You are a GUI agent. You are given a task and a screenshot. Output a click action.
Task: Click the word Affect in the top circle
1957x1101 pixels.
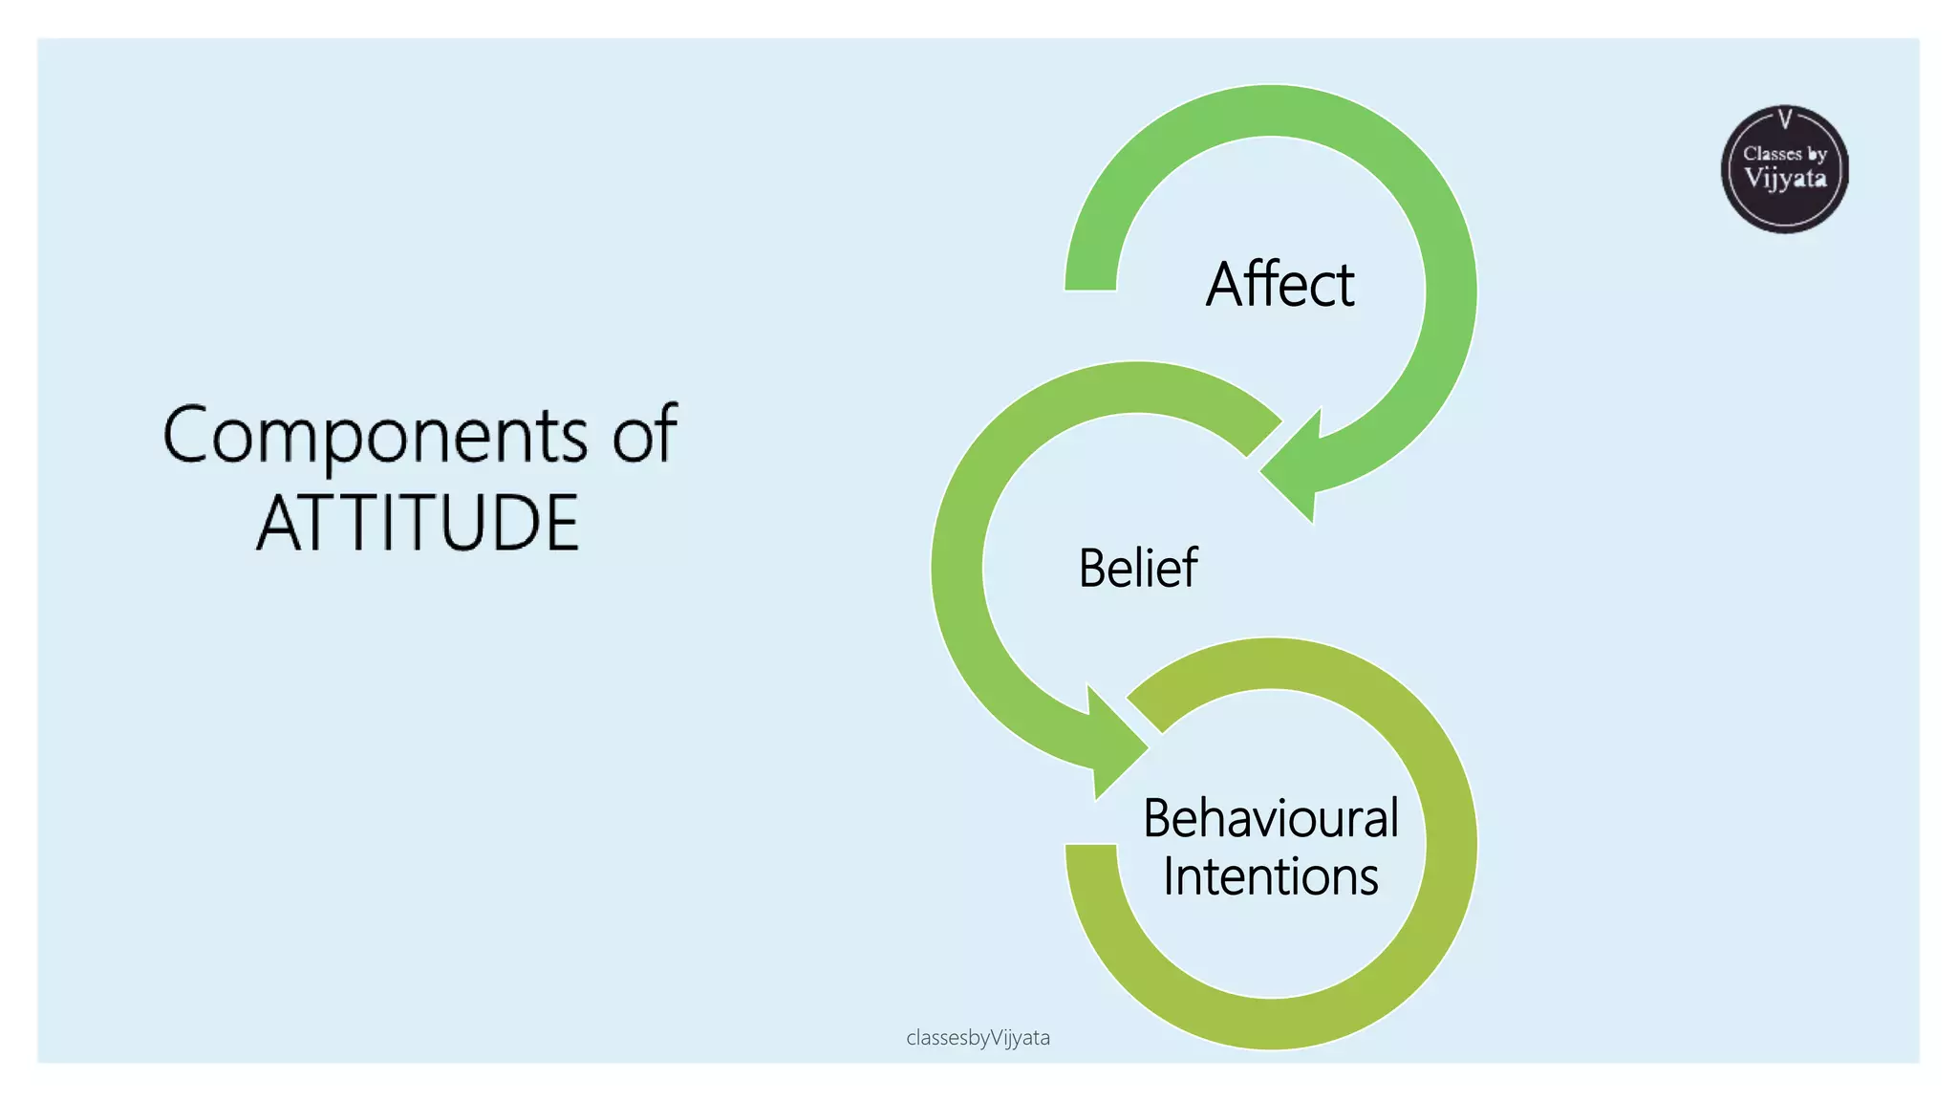1280,285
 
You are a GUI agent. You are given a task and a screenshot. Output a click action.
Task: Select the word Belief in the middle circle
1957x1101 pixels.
1137,568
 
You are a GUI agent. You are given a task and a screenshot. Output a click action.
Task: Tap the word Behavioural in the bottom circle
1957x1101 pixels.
1270,818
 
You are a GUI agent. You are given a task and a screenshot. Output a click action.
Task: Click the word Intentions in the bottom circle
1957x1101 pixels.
1270,876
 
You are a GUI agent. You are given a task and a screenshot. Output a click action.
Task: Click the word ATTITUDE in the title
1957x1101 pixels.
418,523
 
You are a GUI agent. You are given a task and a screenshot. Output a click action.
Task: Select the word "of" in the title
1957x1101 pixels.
644,434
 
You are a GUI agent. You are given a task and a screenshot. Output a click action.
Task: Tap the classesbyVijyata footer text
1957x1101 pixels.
978,1038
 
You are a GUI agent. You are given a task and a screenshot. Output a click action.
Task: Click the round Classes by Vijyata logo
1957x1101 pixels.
1784,170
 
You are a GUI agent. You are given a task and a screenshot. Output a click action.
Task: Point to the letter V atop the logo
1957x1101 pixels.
1784,119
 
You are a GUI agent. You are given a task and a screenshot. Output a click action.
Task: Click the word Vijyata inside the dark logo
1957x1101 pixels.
1785,179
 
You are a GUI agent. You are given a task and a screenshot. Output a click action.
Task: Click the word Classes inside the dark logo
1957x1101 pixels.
1772,154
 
